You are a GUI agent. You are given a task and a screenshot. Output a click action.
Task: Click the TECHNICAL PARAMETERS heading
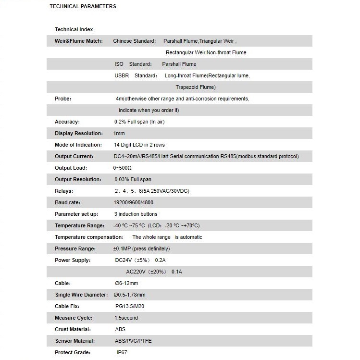[x=83, y=7]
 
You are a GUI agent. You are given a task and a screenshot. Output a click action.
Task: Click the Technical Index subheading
[x=74, y=29]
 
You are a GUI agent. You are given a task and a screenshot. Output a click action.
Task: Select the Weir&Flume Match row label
[x=79, y=41]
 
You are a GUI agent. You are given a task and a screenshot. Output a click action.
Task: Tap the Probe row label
[x=63, y=99]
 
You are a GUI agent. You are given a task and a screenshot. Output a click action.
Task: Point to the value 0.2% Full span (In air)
[x=139, y=122]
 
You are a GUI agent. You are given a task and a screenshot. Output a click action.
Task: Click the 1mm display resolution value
[x=119, y=133]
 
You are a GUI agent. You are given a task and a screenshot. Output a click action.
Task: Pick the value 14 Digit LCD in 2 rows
[x=139, y=145]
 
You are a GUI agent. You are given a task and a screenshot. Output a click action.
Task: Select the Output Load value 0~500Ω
[x=123, y=168]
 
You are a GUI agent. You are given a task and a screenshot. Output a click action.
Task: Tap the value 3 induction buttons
[x=136, y=214]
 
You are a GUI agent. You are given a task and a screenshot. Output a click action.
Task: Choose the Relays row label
[x=64, y=191]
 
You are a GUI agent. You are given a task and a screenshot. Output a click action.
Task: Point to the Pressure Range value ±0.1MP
[x=141, y=248]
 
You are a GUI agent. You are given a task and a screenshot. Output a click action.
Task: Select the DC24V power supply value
[x=140, y=260]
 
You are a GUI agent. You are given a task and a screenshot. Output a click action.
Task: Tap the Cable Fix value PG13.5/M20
[x=130, y=306]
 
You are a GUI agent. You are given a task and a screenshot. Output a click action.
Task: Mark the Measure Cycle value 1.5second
[x=126, y=318]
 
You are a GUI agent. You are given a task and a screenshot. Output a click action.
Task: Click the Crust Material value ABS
[x=120, y=329]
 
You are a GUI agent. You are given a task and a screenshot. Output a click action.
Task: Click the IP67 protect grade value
[x=123, y=352]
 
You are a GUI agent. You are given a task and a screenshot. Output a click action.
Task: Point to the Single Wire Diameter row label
[x=80, y=295]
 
